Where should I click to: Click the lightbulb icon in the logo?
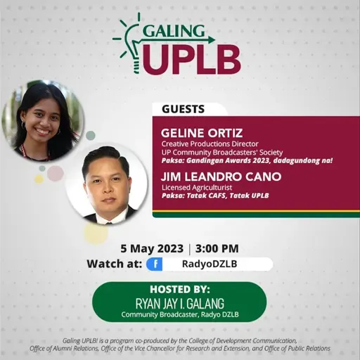click(129, 44)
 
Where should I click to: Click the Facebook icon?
click(153, 264)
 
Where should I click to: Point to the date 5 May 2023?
click(152, 248)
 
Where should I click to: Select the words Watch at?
click(113, 264)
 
